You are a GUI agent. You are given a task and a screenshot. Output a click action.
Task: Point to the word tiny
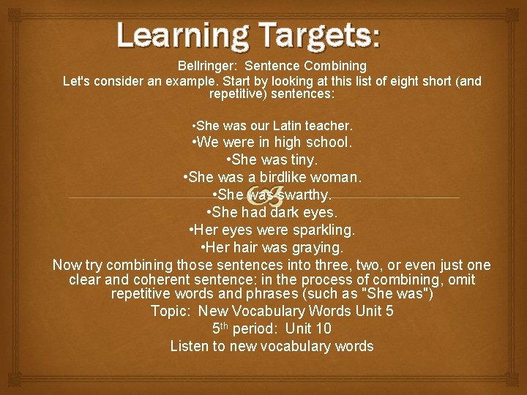302,159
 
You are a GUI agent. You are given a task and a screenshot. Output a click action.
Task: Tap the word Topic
168,311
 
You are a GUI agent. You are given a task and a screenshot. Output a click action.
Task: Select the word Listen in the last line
189,346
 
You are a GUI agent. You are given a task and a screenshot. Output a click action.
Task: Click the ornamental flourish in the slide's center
263,197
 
